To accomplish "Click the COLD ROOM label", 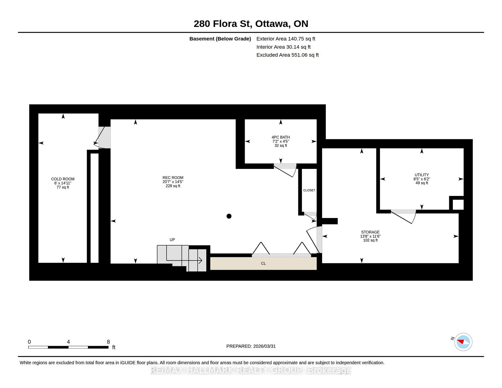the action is [x=63, y=179].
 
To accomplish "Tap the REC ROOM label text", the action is [x=173, y=178].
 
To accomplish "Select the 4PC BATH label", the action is [x=281, y=137].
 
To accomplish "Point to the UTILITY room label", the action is [x=422, y=175].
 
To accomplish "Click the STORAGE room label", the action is [x=370, y=232].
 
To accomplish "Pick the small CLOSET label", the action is [x=309, y=190].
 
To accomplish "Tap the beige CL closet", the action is [x=263, y=263].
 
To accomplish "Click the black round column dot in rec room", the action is [x=229, y=216].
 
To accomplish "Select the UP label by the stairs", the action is [x=172, y=240].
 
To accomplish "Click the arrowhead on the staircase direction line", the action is [x=201, y=260].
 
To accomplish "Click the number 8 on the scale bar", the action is [x=108, y=342].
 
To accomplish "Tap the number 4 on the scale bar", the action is [x=68, y=342].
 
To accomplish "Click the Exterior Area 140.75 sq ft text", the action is [x=286, y=39].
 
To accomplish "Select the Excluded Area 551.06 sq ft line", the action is [x=288, y=55].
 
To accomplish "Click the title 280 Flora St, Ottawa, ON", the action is [x=251, y=24].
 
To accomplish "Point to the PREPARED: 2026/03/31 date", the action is [x=251, y=346].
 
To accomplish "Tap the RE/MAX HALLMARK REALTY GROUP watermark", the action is [x=251, y=370].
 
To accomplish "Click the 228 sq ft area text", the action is [x=173, y=186].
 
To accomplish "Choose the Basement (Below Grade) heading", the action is [x=220, y=39].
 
